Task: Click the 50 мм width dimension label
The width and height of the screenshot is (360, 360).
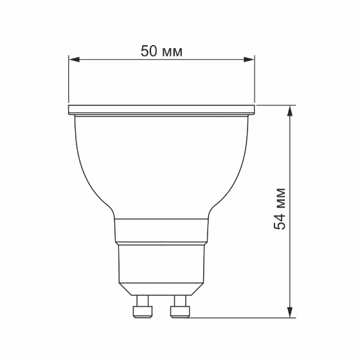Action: click(x=161, y=51)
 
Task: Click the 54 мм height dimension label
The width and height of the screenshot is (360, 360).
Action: click(x=280, y=210)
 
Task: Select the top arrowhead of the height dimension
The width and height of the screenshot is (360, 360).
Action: click(x=291, y=109)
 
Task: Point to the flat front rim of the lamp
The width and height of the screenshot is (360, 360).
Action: click(x=161, y=109)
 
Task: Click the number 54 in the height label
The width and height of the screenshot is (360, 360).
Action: click(x=280, y=221)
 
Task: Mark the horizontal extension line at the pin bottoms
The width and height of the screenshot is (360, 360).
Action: click(x=244, y=317)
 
